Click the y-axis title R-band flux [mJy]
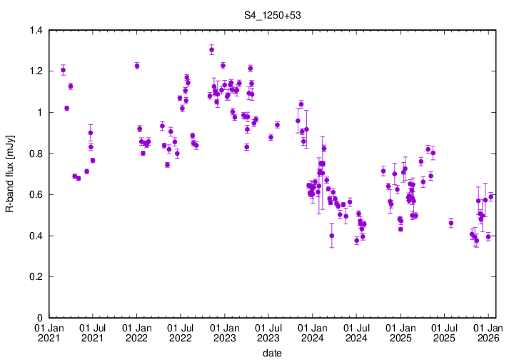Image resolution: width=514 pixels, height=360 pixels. (x=10, y=174)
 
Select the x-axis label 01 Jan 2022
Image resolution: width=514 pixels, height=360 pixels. (x=136, y=332)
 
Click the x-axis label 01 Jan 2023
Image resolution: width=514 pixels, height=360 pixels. (x=224, y=332)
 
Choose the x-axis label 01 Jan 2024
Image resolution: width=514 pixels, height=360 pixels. (x=312, y=332)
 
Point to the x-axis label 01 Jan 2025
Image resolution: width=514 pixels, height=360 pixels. (x=400, y=332)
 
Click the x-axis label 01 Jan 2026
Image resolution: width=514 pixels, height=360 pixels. (x=488, y=332)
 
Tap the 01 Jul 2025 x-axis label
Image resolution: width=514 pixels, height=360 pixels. (x=443, y=332)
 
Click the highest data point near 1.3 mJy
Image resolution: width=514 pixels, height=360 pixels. (x=212, y=49)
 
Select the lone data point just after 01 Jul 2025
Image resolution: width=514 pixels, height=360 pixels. (x=451, y=223)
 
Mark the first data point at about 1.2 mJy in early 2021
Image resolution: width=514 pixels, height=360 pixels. (x=64, y=70)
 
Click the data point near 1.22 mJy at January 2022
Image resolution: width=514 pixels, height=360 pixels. (x=137, y=66)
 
